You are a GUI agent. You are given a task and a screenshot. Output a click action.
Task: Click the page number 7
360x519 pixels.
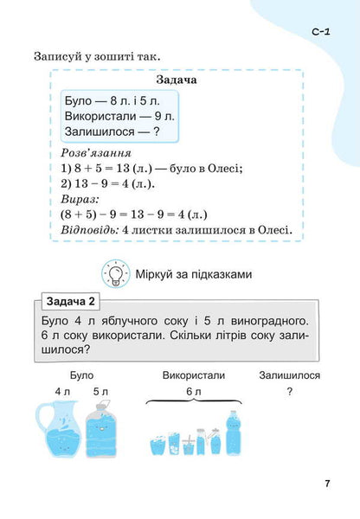[x=328, y=483]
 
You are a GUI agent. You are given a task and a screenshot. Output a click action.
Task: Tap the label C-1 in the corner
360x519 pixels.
[x=318, y=32]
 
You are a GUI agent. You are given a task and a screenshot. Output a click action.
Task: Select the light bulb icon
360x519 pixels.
[x=114, y=274]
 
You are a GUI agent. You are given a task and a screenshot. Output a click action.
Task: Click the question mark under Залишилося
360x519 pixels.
[x=289, y=391]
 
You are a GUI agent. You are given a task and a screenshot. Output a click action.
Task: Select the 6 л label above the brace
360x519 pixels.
[x=193, y=391]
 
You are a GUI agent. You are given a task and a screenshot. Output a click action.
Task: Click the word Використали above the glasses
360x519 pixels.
[x=193, y=376]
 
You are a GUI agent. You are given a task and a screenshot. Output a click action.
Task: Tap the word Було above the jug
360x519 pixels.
[x=81, y=376]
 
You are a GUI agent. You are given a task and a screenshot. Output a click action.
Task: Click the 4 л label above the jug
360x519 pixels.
[x=62, y=391]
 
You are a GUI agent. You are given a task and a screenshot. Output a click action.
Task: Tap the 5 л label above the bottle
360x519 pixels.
[x=101, y=391]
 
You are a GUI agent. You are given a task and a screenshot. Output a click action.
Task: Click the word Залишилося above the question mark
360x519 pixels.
[x=290, y=376]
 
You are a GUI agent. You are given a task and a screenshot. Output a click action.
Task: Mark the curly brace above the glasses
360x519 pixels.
[x=193, y=402]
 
